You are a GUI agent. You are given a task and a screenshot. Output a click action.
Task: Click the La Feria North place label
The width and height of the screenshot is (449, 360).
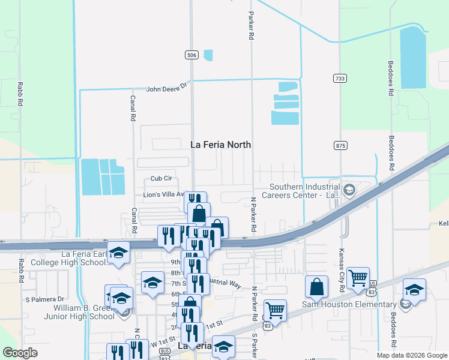pos(220,145)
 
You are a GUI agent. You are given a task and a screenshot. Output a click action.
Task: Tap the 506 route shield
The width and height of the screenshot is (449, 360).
pos(191,55)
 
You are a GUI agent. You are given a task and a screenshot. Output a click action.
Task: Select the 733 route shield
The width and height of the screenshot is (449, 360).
pos(340,79)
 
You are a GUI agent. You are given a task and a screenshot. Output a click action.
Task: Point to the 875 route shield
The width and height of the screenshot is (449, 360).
pos(341,146)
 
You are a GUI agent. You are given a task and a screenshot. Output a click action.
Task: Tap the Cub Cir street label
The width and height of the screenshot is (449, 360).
pos(161,178)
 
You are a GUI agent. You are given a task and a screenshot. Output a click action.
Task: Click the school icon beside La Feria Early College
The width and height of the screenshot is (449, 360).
pos(119,254)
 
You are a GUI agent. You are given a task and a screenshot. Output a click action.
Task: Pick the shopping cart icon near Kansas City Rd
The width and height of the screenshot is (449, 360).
pos(358,278)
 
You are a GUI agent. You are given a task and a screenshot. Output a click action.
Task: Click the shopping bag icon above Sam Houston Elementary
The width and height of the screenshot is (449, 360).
pos(316,287)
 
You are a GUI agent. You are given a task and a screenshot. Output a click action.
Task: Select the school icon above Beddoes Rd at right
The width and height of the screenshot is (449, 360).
pos(414,290)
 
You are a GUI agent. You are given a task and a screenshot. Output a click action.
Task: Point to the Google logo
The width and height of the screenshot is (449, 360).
pos(20,353)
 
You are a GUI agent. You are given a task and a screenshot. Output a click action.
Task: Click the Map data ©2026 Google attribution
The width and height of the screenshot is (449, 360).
pos(411,355)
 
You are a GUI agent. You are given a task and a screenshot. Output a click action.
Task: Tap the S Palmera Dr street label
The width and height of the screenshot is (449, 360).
pos(44,299)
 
